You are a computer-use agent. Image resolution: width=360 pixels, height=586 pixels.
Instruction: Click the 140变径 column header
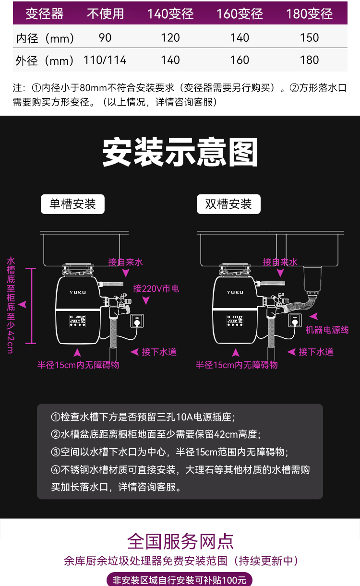coord(170,13)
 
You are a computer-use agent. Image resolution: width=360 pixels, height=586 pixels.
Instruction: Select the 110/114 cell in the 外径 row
coord(105,60)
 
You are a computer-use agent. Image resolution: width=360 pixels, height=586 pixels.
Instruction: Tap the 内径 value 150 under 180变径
coord(309,37)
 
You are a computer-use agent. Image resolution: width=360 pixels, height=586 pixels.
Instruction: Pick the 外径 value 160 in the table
coord(240,60)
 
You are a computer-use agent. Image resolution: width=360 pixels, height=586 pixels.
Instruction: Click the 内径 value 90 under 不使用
coord(105,37)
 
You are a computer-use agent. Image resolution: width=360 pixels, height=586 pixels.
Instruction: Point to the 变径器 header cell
coord(45,13)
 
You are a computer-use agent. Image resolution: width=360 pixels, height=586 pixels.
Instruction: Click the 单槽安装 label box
coord(72,204)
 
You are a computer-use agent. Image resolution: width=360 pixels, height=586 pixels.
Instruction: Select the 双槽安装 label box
coord(228,204)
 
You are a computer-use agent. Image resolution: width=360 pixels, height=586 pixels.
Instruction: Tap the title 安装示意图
coord(180,152)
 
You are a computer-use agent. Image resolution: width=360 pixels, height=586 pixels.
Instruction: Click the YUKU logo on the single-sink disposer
coord(78,292)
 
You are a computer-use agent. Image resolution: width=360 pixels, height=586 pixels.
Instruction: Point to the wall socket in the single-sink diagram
coord(137,321)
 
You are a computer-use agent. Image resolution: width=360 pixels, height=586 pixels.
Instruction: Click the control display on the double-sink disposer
coord(235,321)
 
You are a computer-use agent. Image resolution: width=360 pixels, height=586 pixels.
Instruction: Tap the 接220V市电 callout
coord(156,288)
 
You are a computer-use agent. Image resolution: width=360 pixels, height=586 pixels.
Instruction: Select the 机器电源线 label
coord(327,330)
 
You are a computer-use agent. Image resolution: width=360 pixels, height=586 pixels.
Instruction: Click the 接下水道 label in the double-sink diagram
coord(316,352)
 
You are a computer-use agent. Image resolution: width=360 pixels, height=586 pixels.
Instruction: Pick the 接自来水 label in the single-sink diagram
coord(126,262)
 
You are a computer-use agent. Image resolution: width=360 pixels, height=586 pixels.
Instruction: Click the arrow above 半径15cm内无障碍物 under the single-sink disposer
coord(77,352)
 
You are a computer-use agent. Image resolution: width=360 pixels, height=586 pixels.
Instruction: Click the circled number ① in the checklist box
coord(56,417)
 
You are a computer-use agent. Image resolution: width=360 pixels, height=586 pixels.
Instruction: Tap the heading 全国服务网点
coord(180,542)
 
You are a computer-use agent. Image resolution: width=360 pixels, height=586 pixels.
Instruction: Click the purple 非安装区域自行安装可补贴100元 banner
coord(180,580)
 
